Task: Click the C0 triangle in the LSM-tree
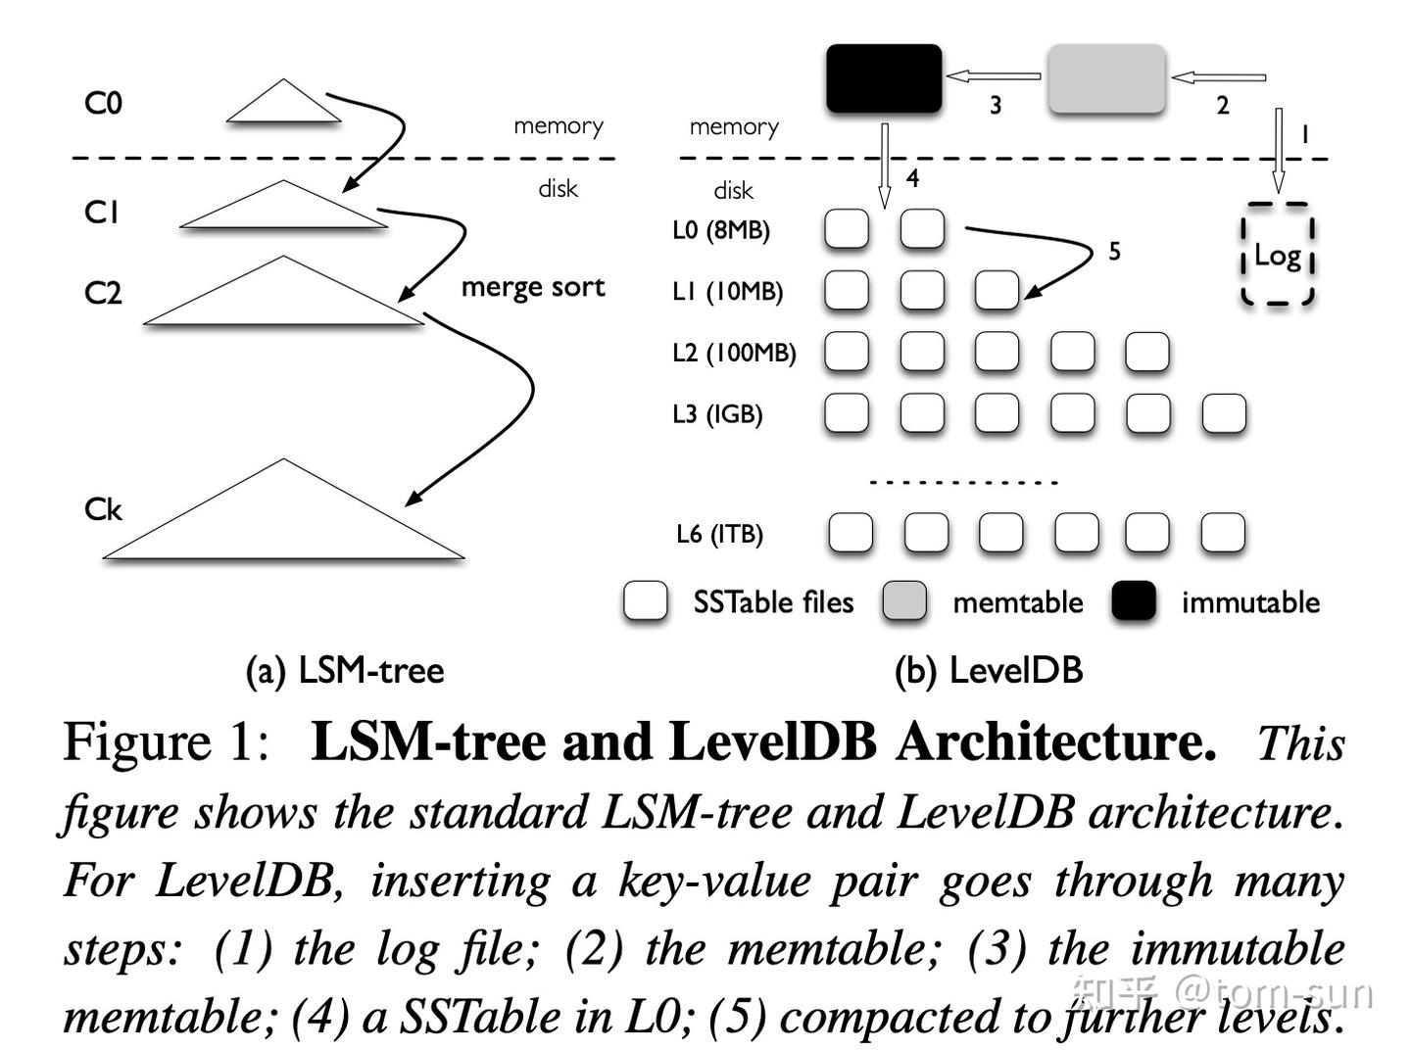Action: (283, 105)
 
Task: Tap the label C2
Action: (103, 292)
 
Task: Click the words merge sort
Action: (532, 287)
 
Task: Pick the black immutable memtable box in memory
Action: (884, 78)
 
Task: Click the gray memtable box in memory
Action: (1106, 78)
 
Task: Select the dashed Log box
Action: (1277, 255)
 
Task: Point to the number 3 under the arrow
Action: (996, 105)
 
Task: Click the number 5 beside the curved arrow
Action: (1114, 252)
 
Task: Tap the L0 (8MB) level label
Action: (721, 230)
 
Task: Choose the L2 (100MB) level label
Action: (734, 353)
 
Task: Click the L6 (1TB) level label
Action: (719, 534)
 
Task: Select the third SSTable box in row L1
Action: (997, 291)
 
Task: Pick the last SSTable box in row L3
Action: (1224, 413)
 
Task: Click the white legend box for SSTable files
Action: (645, 601)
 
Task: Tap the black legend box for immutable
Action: (1134, 601)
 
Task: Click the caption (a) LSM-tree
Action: (344, 671)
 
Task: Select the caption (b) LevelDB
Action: (988, 671)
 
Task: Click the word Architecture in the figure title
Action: (1054, 741)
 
